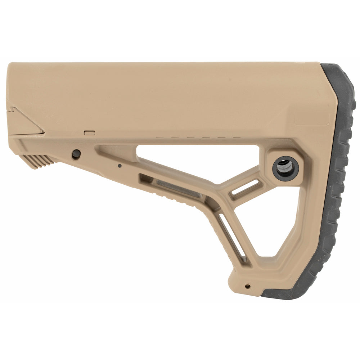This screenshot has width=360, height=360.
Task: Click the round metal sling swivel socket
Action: pyautogui.click(x=285, y=168)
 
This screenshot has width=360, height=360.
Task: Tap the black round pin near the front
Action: pyautogui.click(x=76, y=154)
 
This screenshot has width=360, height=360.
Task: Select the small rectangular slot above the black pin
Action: pyautogui.click(x=89, y=133)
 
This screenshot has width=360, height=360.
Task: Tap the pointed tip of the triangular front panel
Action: pyautogui.click(x=43, y=132)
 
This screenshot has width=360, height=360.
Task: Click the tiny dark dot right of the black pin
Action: pyautogui.click(x=120, y=166)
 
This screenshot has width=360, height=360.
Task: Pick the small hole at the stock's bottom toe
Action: pyautogui.click(x=247, y=287)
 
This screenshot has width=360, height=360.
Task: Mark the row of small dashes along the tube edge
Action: pyautogui.click(x=198, y=138)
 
